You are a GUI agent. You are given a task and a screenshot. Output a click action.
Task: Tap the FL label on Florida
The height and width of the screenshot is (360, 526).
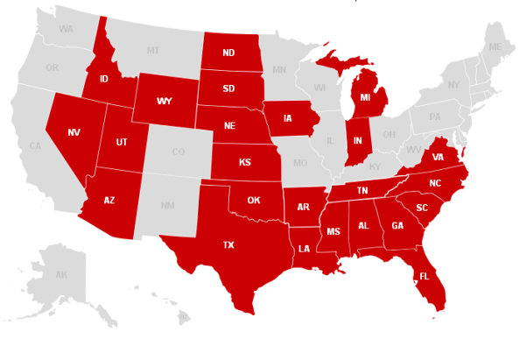424,275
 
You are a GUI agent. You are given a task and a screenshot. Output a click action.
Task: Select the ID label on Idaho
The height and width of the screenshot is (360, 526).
103,78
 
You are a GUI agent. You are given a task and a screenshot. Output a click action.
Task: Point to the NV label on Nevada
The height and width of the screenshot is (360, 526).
74,133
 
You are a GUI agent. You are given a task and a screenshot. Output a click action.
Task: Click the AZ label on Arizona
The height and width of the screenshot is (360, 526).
109,200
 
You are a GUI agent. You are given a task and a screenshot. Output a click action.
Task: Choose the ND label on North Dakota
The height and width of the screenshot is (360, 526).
228,53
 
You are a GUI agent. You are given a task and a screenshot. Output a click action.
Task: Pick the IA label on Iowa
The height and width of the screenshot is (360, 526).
288,117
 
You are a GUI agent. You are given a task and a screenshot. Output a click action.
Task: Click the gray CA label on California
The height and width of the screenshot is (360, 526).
36,145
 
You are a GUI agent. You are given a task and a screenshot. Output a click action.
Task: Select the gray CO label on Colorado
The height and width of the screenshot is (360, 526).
179,152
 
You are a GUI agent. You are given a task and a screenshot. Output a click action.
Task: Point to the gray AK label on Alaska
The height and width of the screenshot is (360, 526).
61,275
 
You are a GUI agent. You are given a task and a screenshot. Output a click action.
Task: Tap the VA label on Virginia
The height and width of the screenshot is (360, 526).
438,158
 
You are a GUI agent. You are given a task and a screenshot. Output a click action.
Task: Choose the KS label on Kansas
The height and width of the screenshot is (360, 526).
245,163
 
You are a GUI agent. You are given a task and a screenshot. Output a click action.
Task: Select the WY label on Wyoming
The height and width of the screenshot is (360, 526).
165,101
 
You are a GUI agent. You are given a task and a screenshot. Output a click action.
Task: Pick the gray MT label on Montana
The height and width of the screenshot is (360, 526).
153,50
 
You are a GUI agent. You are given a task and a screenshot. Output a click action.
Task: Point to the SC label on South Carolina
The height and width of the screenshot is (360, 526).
422,208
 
